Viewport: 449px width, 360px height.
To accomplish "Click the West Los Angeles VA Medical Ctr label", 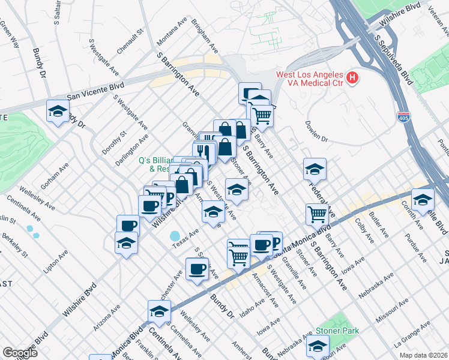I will click(x=309, y=79).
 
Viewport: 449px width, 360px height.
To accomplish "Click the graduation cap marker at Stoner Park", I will click(x=318, y=346).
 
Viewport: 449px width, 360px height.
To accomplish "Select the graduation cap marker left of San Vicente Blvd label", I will click(x=58, y=110).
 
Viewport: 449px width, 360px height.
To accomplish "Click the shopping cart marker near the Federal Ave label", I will click(x=317, y=213).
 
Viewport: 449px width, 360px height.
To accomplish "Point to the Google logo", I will click(x=20, y=353).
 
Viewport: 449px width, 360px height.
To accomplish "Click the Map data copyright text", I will click(x=423, y=355).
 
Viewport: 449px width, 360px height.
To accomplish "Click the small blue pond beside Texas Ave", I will click(x=175, y=236).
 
